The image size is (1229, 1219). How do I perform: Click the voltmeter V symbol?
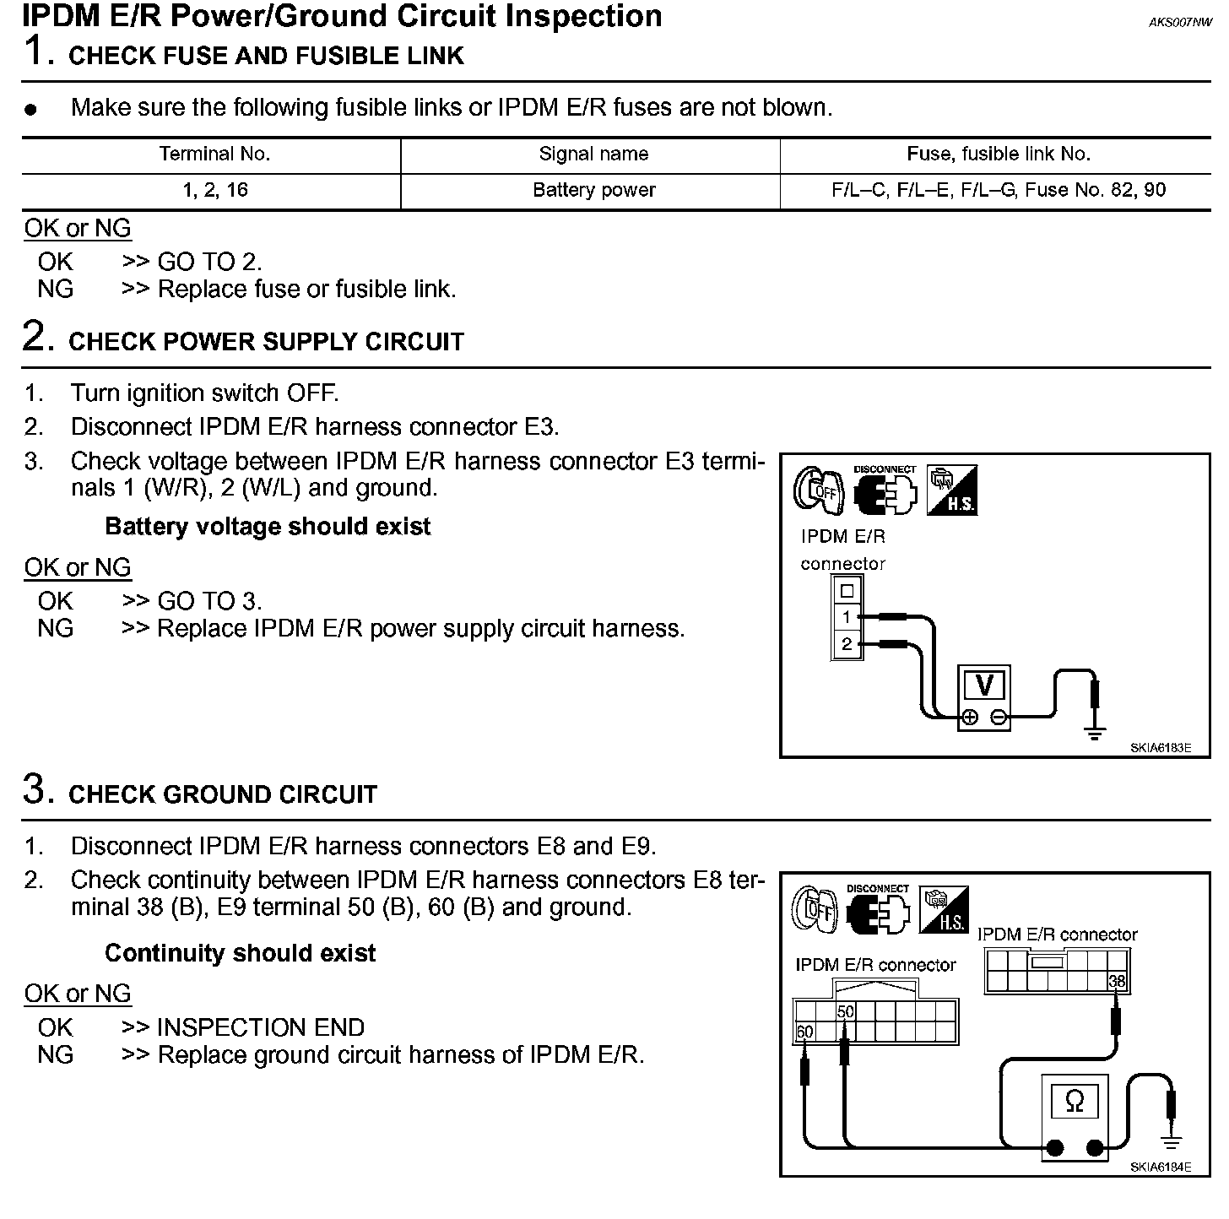coord(983,685)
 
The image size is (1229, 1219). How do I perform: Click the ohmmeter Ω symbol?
coord(1075,1101)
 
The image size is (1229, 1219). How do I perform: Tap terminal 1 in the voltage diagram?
coord(847,617)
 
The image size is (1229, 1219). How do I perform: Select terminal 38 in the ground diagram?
coord(1117,981)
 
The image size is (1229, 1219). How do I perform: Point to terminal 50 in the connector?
coord(845,1011)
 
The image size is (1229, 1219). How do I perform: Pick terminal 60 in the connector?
coord(804,1032)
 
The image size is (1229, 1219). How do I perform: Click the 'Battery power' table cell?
coord(593,190)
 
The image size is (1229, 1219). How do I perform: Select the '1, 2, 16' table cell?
coord(215,190)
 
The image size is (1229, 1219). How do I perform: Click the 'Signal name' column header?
coord(593,154)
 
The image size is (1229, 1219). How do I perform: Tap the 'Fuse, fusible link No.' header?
coord(999,154)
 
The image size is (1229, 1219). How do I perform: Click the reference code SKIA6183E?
coord(1161,747)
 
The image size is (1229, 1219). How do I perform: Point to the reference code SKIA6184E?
coord(1161,1168)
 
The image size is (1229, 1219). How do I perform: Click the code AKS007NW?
coord(1180,23)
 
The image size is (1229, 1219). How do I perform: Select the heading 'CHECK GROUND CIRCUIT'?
coord(223,794)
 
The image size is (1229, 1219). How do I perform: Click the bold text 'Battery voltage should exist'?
coord(268,527)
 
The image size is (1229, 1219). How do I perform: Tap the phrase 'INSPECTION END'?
coord(261,1027)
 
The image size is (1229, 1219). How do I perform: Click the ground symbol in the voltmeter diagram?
coord(1095,733)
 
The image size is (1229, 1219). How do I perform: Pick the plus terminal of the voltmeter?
coord(970,718)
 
